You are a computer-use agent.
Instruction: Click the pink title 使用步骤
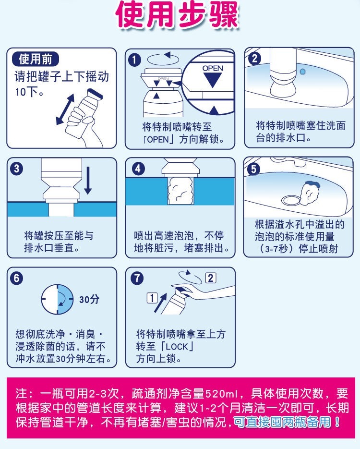click(x=177, y=14)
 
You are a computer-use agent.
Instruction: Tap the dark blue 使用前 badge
click(x=36, y=59)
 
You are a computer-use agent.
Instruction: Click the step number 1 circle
click(x=134, y=60)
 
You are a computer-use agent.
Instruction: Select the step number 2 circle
click(x=254, y=59)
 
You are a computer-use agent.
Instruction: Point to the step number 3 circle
click(x=17, y=169)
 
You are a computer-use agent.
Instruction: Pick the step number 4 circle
click(x=138, y=169)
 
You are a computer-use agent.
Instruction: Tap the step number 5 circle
click(x=254, y=169)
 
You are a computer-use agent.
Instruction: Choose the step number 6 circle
click(x=17, y=279)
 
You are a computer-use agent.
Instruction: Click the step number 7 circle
click(x=137, y=278)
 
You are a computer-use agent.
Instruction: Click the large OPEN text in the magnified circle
click(x=213, y=69)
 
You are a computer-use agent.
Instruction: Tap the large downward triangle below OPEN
click(x=213, y=80)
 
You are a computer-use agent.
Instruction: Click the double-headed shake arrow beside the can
click(x=65, y=109)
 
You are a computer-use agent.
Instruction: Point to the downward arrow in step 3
click(x=88, y=181)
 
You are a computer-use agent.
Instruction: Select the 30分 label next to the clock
click(x=89, y=299)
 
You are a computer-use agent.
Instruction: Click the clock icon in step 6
click(x=58, y=300)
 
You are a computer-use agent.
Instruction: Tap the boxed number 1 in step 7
click(x=152, y=298)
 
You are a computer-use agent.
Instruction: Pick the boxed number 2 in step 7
click(x=211, y=278)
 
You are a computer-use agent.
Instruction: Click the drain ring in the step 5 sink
click(x=291, y=200)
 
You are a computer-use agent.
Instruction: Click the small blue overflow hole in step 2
click(x=302, y=71)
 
